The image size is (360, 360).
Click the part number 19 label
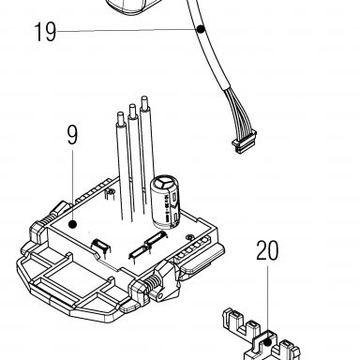(x=45, y=32)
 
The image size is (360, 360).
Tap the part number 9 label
(x=72, y=135)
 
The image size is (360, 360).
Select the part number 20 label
(x=267, y=250)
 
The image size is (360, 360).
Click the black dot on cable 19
(x=201, y=29)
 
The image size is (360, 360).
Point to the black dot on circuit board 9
(x=72, y=224)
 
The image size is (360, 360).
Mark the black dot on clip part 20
(x=267, y=342)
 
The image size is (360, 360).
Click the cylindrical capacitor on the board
(x=166, y=202)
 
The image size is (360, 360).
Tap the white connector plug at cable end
(x=244, y=142)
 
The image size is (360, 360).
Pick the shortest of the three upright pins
(x=122, y=166)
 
